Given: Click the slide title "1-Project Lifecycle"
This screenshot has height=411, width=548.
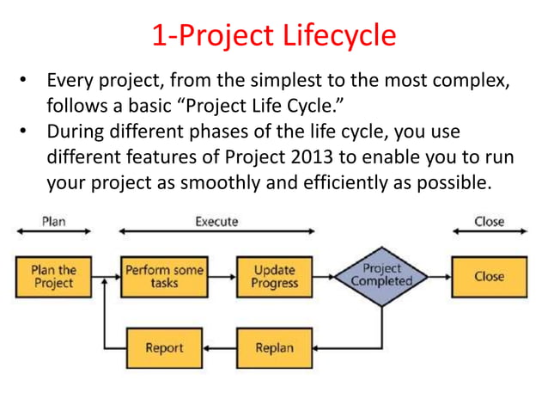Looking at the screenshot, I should point(274,35).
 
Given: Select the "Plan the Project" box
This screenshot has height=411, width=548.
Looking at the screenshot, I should point(53,277).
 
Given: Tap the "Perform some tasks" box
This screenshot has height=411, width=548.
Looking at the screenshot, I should point(164,277).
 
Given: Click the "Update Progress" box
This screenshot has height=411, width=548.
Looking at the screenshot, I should point(274,277).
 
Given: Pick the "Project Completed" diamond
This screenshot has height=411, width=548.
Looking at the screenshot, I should point(382,276).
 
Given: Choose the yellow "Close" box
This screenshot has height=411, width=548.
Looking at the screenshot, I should point(489,277).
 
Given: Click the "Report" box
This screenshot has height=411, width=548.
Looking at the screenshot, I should point(164,348).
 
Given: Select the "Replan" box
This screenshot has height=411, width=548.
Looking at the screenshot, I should point(274,348).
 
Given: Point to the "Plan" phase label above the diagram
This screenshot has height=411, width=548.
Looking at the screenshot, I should point(53,222).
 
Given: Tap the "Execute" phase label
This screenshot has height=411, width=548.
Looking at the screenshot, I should point(216,222).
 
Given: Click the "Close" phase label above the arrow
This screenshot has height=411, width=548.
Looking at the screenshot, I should point(489,222).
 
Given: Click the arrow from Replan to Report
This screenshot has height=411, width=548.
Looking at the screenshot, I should point(220,348).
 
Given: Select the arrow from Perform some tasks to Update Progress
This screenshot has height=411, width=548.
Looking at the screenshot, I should point(220,277).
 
